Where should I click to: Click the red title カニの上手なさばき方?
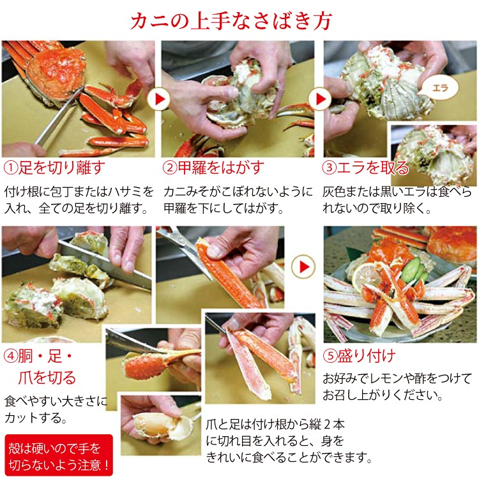240,22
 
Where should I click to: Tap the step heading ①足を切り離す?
54,168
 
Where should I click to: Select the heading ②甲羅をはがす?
213,168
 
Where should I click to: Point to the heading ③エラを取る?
366,168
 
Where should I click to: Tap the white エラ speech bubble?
438,88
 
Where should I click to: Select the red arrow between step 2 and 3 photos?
317,99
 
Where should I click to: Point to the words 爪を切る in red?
52,377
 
